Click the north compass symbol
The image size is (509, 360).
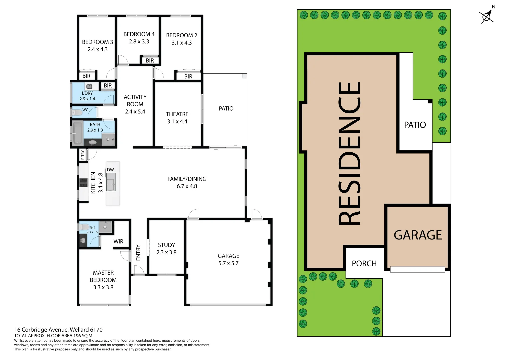[487, 16]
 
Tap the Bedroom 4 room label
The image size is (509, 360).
[139, 34]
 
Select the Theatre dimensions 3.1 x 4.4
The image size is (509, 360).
[177, 122]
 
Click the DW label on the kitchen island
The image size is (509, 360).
[110, 170]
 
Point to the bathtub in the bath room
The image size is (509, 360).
[77, 133]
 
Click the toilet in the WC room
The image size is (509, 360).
[77, 112]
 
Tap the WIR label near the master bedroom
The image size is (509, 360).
[118, 241]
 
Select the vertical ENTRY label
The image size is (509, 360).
[138, 253]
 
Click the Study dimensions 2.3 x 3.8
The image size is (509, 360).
[166, 252]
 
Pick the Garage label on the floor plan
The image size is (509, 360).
[228, 256]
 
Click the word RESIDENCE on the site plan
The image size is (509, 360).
[349, 153]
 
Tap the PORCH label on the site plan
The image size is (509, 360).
[364, 264]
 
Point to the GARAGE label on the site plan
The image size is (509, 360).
[418, 235]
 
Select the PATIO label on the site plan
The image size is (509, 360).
[415, 125]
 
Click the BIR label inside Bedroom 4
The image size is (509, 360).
[150, 61]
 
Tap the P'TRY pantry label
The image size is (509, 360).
[82, 155]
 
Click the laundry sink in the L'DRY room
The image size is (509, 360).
[89, 86]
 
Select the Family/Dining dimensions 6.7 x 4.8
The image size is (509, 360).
[187, 186]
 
